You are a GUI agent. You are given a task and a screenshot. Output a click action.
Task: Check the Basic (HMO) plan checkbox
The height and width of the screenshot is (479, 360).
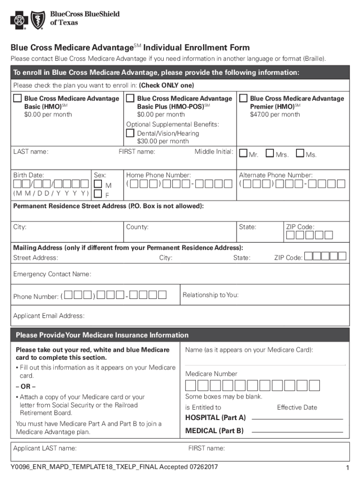[17, 98]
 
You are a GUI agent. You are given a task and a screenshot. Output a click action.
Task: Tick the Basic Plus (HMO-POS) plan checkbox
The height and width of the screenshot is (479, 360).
[130, 98]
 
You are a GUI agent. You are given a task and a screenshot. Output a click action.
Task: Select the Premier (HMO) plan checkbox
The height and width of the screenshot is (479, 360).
[243, 98]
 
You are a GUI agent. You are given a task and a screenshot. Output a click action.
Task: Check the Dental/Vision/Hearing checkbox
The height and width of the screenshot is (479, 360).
[130, 133]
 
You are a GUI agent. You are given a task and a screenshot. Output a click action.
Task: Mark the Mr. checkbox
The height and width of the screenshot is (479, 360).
[243, 153]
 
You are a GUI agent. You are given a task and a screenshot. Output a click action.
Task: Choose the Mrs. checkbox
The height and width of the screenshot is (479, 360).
[270, 153]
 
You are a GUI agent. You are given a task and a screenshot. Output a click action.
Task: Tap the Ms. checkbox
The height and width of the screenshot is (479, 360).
[300, 153]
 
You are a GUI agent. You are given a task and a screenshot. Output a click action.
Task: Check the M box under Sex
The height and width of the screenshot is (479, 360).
[98, 185]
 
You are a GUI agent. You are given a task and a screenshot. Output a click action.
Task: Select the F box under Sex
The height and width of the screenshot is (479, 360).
[98, 194]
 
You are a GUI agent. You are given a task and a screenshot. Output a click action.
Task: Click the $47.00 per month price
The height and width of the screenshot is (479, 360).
[275, 115]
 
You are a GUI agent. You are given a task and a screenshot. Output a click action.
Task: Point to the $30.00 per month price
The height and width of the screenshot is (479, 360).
[163, 141]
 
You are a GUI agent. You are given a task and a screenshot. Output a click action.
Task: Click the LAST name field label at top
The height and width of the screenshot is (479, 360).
[31, 152]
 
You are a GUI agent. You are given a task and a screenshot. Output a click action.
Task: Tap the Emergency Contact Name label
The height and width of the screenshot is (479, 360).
[52, 274]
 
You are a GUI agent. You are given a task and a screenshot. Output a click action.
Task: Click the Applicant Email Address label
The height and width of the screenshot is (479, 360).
[49, 316]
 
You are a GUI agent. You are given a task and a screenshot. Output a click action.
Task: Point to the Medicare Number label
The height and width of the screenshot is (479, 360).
[211, 374]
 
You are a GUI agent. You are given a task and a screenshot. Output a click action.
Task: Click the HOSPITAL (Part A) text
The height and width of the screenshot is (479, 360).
[216, 417]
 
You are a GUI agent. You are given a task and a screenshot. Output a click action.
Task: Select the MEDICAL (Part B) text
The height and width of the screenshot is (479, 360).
[215, 431]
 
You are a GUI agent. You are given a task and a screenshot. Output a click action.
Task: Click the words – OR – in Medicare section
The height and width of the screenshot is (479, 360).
[26, 386]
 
